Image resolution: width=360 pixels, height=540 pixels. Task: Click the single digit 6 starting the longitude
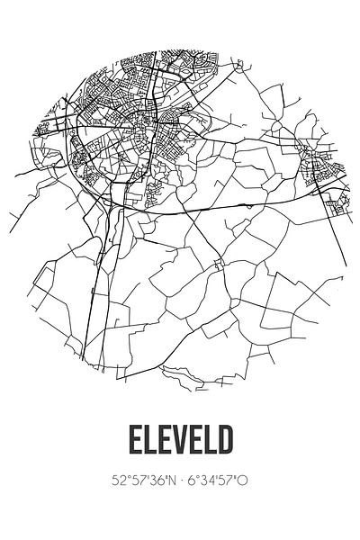[x=192, y=481]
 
